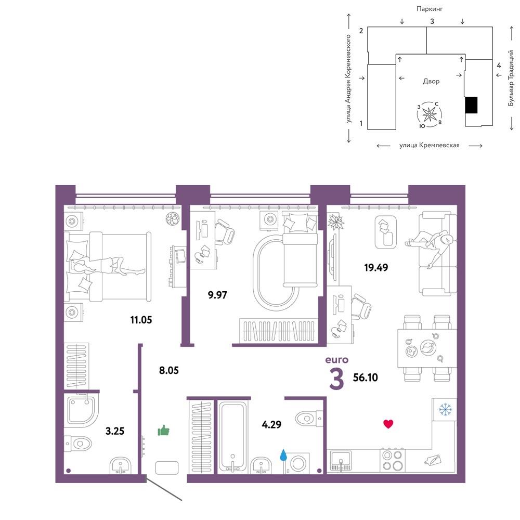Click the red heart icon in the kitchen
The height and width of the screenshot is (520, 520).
point(388,424)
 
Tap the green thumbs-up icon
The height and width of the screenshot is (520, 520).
point(163,430)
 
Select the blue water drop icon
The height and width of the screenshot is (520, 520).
point(283,455)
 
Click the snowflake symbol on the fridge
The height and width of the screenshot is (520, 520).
point(445,410)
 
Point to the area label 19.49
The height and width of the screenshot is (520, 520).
point(376,267)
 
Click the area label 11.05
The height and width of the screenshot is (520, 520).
point(141,320)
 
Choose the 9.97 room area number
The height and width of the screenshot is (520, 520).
point(217,294)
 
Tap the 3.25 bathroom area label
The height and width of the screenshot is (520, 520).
point(115,431)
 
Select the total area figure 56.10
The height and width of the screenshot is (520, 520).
point(366,378)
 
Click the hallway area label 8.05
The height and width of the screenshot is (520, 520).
point(169,370)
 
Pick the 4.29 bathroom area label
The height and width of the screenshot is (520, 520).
point(271,424)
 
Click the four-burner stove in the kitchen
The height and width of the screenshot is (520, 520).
point(392,460)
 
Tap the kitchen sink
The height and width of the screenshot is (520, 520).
point(341,461)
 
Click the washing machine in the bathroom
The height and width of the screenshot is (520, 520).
point(297,463)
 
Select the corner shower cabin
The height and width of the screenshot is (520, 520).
point(83,410)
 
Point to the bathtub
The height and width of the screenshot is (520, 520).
point(233,437)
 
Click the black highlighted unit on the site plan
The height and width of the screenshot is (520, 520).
point(471,105)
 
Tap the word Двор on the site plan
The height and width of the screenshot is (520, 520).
point(431,81)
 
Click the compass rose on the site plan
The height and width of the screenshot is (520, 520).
point(430,115)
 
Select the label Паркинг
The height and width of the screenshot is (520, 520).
point(430,9)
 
